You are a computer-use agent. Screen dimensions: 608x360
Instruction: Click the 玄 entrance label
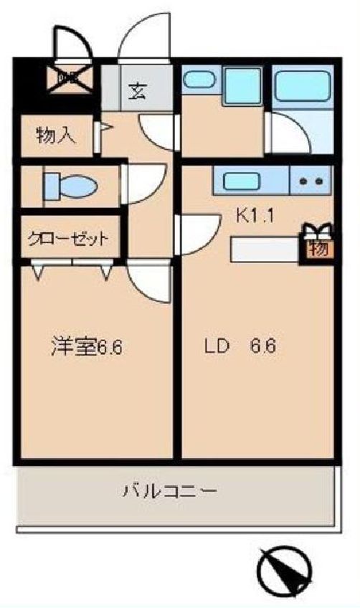137,91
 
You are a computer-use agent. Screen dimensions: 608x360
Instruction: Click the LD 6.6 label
241,346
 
